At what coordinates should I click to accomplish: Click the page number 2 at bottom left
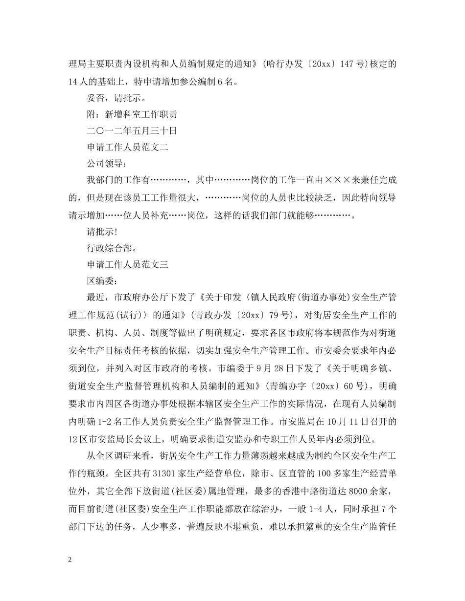[70, 559]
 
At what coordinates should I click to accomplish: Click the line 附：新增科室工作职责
[131, 114]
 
